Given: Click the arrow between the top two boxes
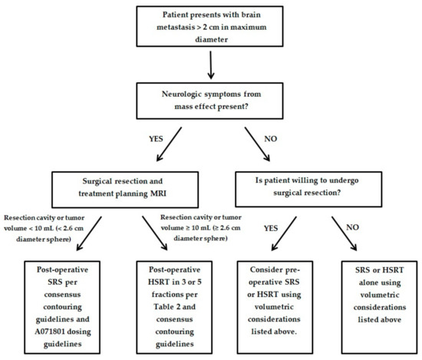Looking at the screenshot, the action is pos(211,65).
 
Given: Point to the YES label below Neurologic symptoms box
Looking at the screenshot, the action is pos(156,139).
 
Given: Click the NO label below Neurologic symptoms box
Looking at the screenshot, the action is pos(271,139).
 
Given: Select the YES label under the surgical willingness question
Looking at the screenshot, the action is pos(271,228).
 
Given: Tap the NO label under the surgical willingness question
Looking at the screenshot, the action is pos(352,227).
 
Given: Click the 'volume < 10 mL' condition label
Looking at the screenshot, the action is pos(45,228).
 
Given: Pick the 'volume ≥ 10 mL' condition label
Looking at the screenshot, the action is pos(201,228).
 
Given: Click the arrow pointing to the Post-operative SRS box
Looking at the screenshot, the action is pos(89,233).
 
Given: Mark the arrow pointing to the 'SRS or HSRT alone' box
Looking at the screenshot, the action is pos(345,233).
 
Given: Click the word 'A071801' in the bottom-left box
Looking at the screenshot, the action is pos(48,332).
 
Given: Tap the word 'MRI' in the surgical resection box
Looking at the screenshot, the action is pos(158,193).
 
